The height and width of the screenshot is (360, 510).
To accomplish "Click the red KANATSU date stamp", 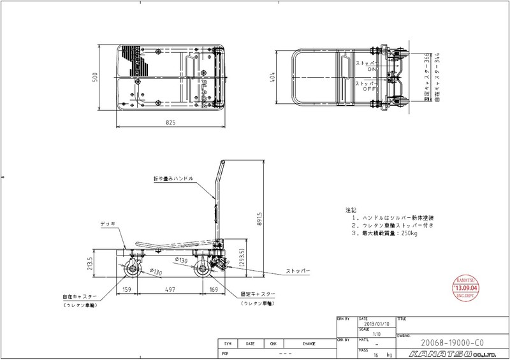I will tap(467, 287).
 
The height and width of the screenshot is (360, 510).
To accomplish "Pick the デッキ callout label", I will tap(107, 224).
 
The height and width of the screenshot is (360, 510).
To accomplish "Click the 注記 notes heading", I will tap(350, 210).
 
